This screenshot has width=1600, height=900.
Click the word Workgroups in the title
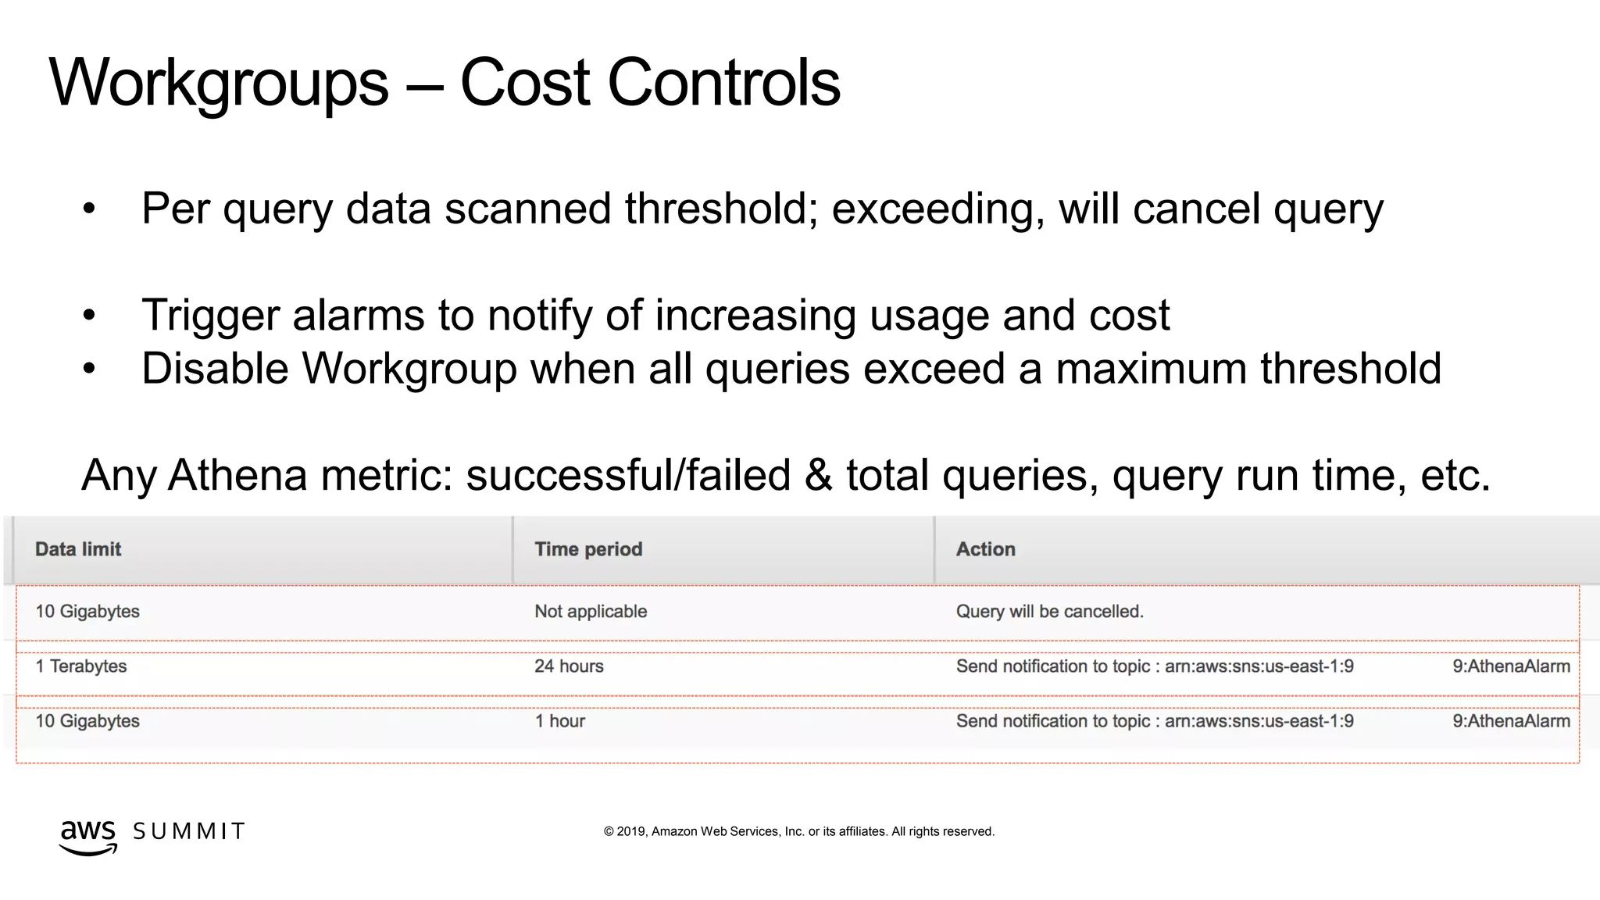point(219,83)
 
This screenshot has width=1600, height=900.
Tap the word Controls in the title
point(723,83)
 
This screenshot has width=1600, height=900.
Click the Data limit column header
point(78,549)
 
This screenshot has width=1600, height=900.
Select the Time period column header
point(588,549)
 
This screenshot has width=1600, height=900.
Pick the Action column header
point(985,549)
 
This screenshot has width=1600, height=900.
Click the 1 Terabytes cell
point(80,666)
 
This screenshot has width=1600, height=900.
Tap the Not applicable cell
point(591,612)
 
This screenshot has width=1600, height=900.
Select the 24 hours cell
point(569,666)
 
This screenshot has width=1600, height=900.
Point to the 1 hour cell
point(559,721)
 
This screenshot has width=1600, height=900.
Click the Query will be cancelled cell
point(1049,612)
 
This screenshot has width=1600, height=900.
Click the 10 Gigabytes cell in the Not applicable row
point(87,612)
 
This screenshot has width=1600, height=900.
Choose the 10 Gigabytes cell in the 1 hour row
point(87,721)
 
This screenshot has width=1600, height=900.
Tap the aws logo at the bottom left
point(88,835)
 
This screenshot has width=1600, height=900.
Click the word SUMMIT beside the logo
point(189,831)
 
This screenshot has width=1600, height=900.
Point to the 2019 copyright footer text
point(798,831)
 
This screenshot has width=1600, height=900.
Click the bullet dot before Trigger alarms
point(89,316)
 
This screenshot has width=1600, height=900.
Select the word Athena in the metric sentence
point(237,475)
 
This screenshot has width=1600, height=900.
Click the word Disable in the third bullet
point(215,368)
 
